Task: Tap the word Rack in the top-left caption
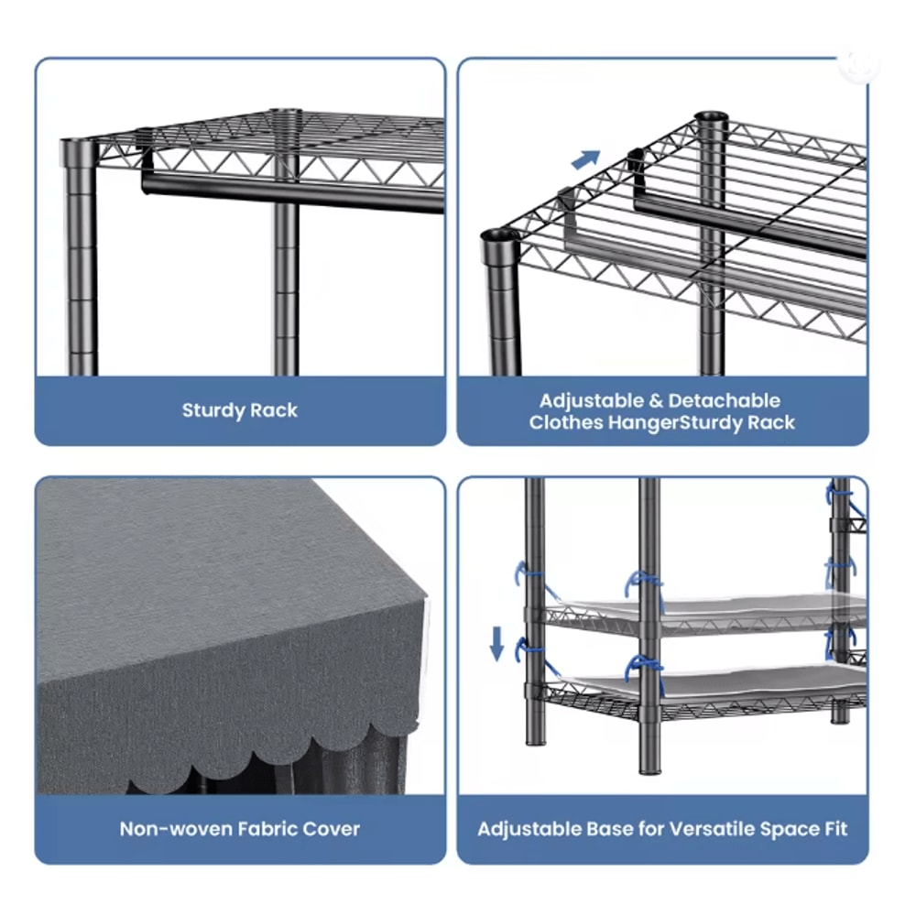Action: [x=275, y=410]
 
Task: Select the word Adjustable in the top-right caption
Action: [x=591, y=401]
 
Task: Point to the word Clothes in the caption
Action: [x=566, y=422]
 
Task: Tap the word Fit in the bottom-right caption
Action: [x=834, y=829]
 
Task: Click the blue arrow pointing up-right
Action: [x=585, y=158]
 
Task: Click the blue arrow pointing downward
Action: [x=496, y=643]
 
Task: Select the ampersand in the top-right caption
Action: [x=656, y=401]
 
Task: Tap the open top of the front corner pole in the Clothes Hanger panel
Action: [x=499, y=236]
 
